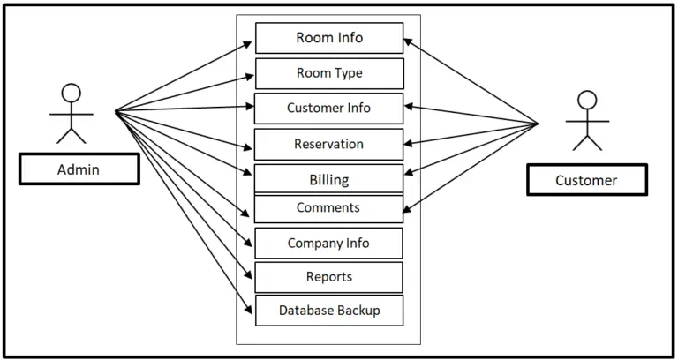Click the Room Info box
tap(328, 38)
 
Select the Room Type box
tap(328, 73)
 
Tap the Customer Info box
tap(328, 108)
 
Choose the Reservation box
tap(328, 144)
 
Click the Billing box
tap(328, 179)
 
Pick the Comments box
tap(328, 208)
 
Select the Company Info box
tap(328, 243)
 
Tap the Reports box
tap(328, 277)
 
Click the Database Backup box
tap(328, 311)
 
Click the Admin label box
tap(79, 169)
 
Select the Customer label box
tap(586, 180)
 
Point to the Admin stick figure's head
tap(71, 94)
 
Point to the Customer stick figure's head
tap(586, 101)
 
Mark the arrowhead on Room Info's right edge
tap(409, 41)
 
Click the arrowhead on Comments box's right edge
tap(408, 210)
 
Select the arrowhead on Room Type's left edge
tap(251, 73)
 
